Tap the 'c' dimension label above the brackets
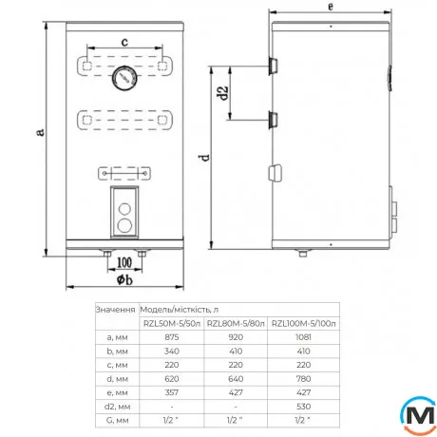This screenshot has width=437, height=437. coord(125,41)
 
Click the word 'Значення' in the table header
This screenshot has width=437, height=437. coord(115,309)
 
